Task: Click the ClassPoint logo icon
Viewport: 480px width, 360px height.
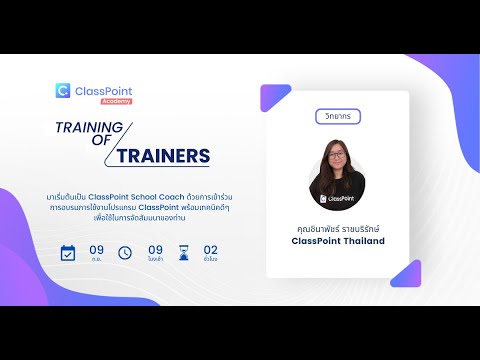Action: (x=63, y=91)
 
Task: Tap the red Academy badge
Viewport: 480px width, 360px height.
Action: (x=116, y=101)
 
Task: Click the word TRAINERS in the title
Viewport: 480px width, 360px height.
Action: (x=163, y=156)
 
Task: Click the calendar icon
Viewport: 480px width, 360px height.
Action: (x=68, y=252)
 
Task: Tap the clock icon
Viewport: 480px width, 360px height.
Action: (x=125, y=252)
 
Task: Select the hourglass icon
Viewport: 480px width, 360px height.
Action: (x=182, y=252)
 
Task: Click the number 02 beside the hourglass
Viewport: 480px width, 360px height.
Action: (x=211, y=249)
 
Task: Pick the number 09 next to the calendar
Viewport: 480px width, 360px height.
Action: (x=96, y=249)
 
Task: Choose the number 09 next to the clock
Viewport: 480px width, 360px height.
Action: (x=155, y=249)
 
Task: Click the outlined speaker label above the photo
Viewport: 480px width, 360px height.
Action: (x=337, y=116)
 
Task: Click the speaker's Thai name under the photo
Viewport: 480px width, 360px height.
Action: (x=338, y=227)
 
